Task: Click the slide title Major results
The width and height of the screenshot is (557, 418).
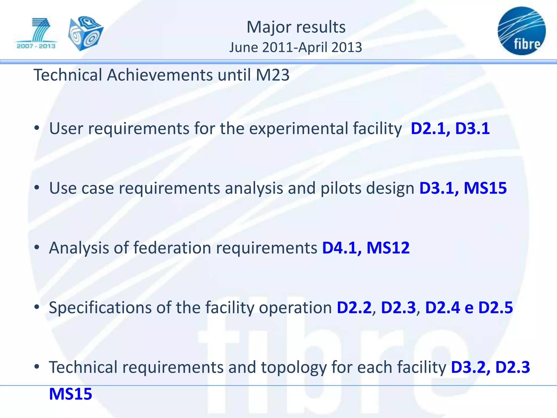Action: point(296,27)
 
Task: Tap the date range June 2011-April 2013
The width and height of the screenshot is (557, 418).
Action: point(296,47)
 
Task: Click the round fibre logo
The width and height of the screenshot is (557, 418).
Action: point(521,31)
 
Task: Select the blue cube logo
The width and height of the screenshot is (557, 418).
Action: point(86,33)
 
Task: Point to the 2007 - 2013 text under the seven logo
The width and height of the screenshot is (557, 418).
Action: point(36,46)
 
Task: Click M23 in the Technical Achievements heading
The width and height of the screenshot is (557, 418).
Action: point(273,75)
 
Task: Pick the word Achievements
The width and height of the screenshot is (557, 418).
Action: point(160,75)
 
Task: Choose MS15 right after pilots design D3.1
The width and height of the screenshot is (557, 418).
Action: point(485,188)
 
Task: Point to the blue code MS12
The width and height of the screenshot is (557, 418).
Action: point(388,248)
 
